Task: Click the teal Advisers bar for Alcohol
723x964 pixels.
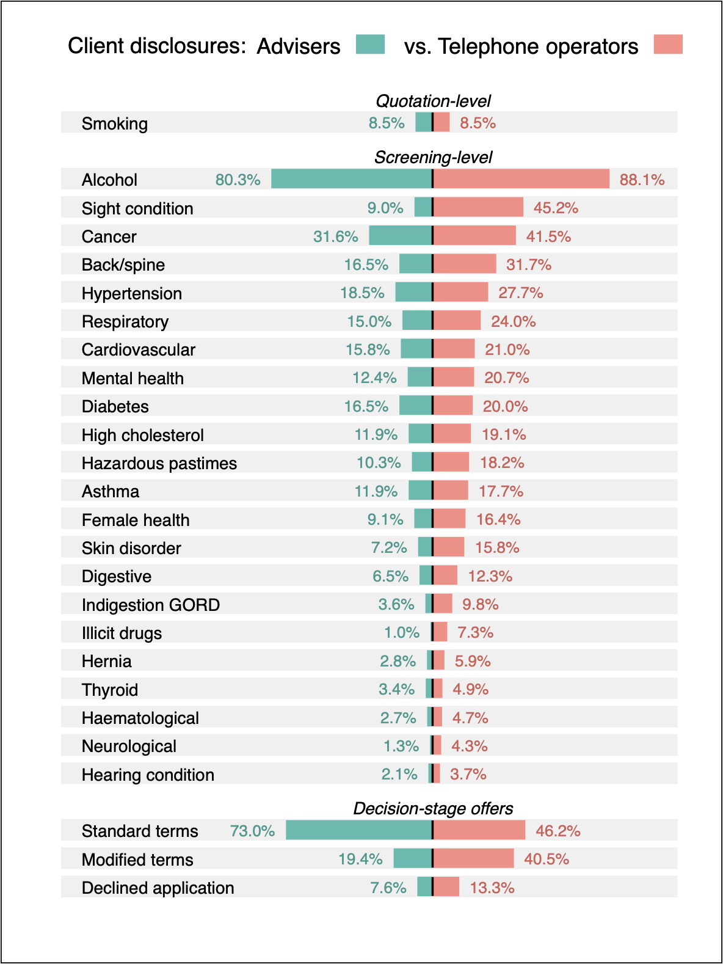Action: click(x=351, y=179)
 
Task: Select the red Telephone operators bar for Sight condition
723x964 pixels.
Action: click(x=478, y=207)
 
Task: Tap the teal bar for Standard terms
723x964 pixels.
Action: click(x=358, y=830)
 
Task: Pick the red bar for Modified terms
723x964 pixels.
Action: click(x=474, y=858)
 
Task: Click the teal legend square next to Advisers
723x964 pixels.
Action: click(x=370, y=45)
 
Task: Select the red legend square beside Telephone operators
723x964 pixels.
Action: click(x=667, y=45)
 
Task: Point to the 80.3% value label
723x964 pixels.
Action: click(x=238, y=180)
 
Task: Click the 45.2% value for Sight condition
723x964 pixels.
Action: click(x=556, y=208)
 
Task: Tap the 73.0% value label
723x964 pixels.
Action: click(x=252, y=831)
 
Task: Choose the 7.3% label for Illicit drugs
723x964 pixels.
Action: click(x=475, y=632)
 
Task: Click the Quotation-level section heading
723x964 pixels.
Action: click(x=433, y=101)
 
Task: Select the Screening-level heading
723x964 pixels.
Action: click(x=433, y=157)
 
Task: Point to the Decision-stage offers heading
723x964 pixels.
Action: click(x=433, y=808)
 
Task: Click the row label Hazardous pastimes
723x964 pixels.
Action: click(x=159, y=463)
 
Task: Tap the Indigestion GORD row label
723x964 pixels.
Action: click(x=150, y=605)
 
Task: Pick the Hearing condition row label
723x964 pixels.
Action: click(x=148, y=775)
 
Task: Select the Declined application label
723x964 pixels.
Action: click(x=158, y=888)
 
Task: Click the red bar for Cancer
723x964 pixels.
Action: click(x=474, y=235)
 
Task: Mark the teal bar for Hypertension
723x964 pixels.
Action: click(x=413, y=292)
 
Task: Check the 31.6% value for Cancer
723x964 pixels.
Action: click(x=335, y=236)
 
